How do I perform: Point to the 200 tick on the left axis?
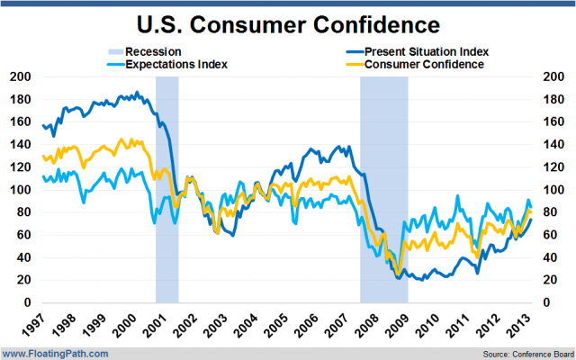(20, 76)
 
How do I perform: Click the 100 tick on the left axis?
(20, 190)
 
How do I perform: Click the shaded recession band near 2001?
(166, 189)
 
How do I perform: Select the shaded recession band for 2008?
(383, 189)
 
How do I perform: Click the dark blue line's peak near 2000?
(137, 92)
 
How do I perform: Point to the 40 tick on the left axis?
(23, 257)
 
